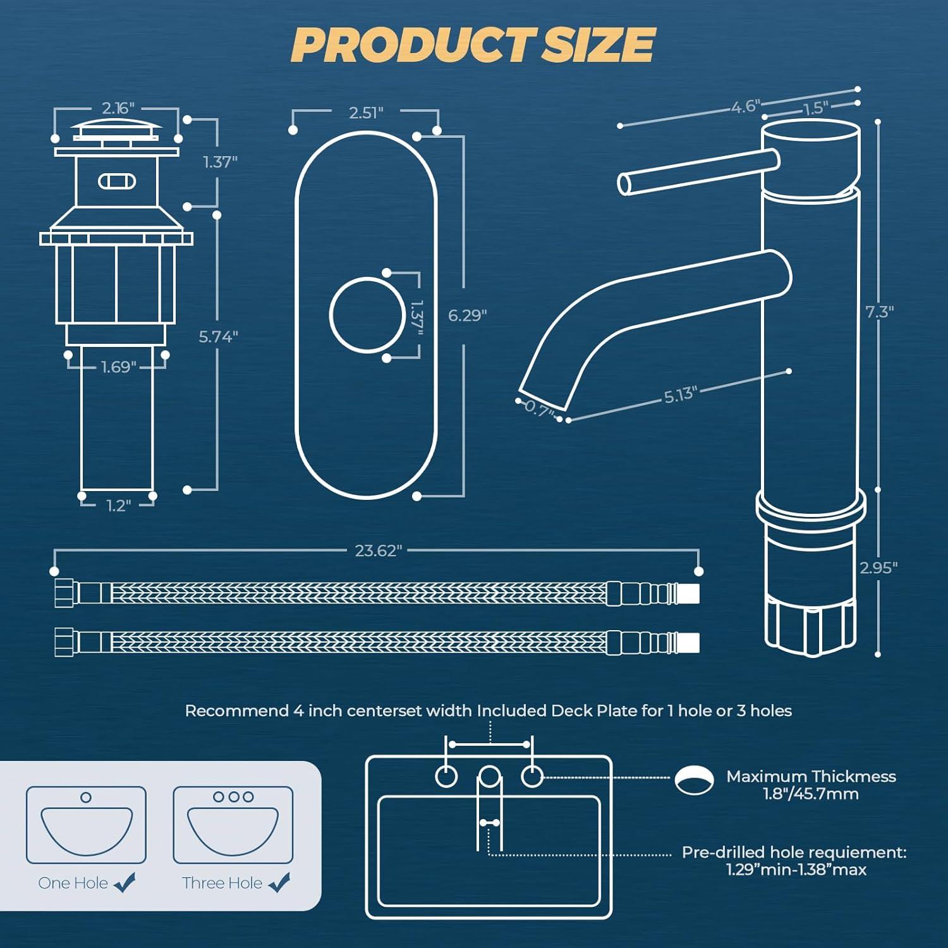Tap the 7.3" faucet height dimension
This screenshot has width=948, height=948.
click(x=879, y=312)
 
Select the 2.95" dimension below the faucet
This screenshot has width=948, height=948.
click(x=878, y=568)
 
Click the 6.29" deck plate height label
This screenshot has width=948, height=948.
click(x=467, y=315)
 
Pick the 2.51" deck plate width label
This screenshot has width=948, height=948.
click(x=366, y=112)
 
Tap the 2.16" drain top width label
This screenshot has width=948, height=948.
click(x=118, y=108)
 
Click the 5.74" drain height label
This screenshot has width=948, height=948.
click(x=218, y=337)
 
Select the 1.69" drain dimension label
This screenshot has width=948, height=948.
click(x=119, y=367)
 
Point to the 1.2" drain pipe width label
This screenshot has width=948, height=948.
click(x=118, y=506)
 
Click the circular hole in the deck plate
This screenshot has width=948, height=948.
click(x=367, y=315)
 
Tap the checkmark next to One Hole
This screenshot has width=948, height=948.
click(x=125, y=882)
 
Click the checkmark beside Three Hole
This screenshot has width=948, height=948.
click(x=279, y=882)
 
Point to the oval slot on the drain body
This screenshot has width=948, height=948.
click(x=117, y=181)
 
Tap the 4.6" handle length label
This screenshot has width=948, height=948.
click(x=745, y=106)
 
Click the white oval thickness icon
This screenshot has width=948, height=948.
click(x=694, y=780)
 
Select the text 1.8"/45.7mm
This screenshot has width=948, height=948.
click(x=810, y=794)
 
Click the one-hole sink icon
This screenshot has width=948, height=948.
click(x=86, y=824)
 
